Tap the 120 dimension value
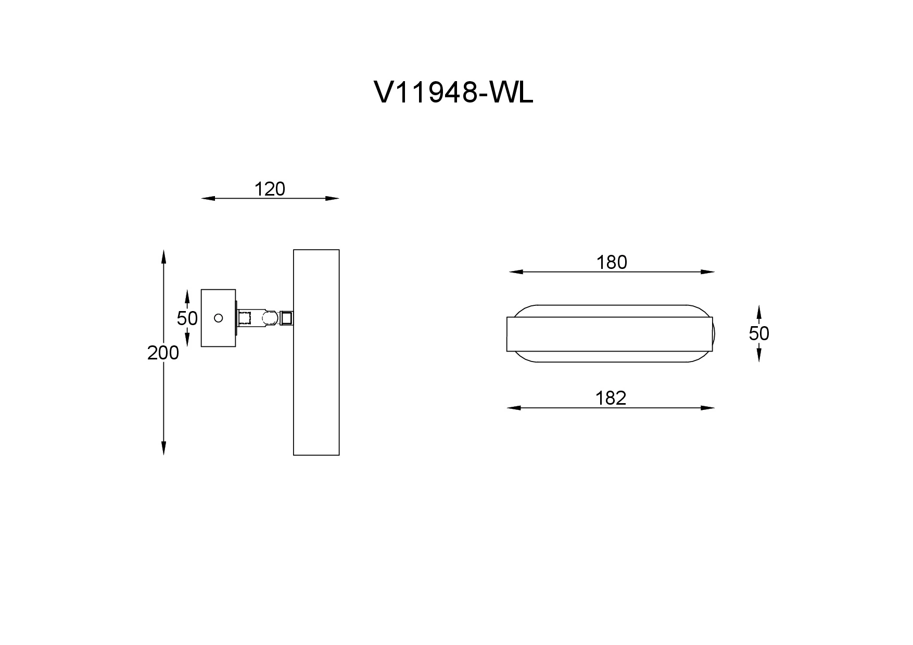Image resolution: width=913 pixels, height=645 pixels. [270, 189]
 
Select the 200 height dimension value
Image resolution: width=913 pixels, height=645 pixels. [163, 353]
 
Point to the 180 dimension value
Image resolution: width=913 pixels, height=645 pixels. [612, 263]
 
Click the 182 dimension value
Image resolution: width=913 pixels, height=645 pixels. [611, 398]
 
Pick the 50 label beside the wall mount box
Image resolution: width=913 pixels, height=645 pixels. [187, 318]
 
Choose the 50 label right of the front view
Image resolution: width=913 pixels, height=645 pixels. [759, 333]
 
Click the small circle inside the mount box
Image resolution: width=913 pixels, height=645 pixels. [219, 317]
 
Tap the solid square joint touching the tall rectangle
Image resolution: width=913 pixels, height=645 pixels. [287, 318]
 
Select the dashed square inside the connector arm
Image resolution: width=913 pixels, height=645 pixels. [245, 318]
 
